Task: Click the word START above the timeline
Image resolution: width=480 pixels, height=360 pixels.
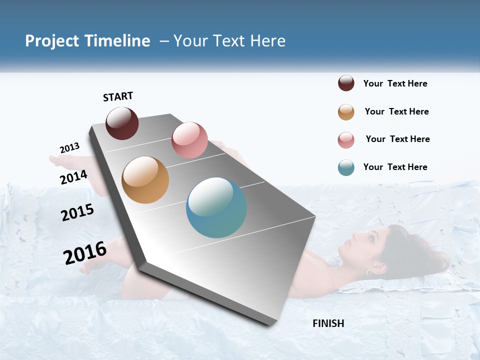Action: point(118,96)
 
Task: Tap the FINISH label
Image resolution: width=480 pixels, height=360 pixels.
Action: point(328,323)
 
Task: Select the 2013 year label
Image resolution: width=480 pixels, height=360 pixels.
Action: point(70,148)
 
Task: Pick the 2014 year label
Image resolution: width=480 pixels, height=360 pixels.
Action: point(74,177)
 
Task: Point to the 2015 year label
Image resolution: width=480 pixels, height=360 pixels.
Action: point(77,212)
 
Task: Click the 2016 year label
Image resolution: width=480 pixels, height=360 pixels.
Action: point(85,253)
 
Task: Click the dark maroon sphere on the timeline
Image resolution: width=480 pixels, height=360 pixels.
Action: point(122,123)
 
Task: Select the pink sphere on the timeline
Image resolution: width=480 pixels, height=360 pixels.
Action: point(189,140)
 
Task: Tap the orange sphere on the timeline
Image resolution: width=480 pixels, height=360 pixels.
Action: point(145,180)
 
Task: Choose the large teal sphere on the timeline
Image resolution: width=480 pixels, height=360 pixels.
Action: point(216,207)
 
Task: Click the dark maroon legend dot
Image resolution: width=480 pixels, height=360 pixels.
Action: point(346,83)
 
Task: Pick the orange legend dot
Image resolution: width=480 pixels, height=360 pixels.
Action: point(346,112)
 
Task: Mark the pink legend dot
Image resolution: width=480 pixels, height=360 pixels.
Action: point(346,140)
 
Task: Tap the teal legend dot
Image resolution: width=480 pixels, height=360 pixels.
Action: point(346,167)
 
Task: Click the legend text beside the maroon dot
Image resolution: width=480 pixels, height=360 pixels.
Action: point(395,83)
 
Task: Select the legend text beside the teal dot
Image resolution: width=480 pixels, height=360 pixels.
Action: point(395,167)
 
